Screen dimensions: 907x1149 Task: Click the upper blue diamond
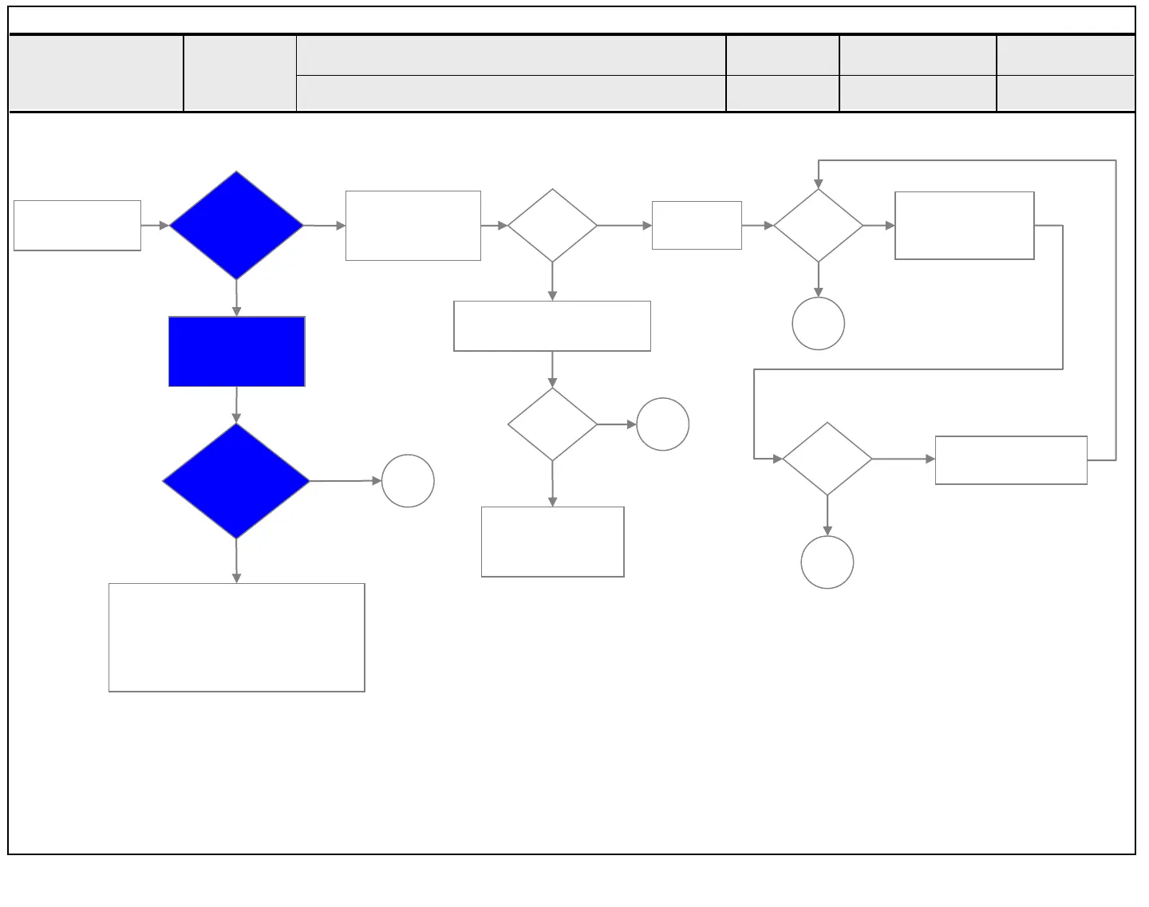(236, 226)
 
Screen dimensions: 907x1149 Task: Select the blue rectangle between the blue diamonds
(237, 352)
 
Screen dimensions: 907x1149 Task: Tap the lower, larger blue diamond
(236, 481)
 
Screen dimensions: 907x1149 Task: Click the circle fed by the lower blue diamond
(408, 481)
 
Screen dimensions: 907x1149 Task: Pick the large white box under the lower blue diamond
(237, 637)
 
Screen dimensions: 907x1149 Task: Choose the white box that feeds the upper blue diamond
(77, 226)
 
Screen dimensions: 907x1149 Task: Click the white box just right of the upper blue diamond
(413, 226)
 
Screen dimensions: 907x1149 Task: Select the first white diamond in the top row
(552, 226)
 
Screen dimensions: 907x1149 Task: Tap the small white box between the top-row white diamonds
(697, 226)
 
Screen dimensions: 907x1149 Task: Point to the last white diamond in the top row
(818, 226)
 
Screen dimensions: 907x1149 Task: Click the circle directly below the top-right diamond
(818, 324)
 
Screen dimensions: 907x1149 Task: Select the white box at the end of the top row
(965, 226)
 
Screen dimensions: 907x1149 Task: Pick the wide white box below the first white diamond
(552, 326)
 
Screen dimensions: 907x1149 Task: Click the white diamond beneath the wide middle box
(552, 424)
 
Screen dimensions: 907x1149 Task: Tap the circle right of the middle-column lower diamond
(662, 424)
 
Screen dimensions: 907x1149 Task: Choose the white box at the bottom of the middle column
(552, 542)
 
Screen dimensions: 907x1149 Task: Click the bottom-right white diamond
(827, 459)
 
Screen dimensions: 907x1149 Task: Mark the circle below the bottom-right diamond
(827, 562)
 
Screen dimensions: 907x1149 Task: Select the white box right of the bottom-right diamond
(1011, 460)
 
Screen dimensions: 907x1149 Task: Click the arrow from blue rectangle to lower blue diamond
(236, 405)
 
